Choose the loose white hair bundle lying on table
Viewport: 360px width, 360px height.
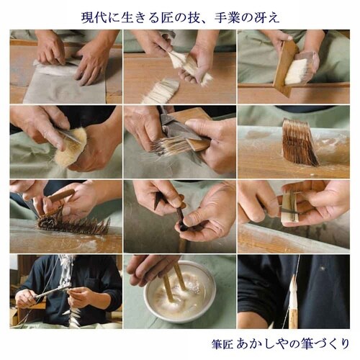pos(162,90)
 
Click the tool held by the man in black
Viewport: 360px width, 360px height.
pos(50,292)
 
